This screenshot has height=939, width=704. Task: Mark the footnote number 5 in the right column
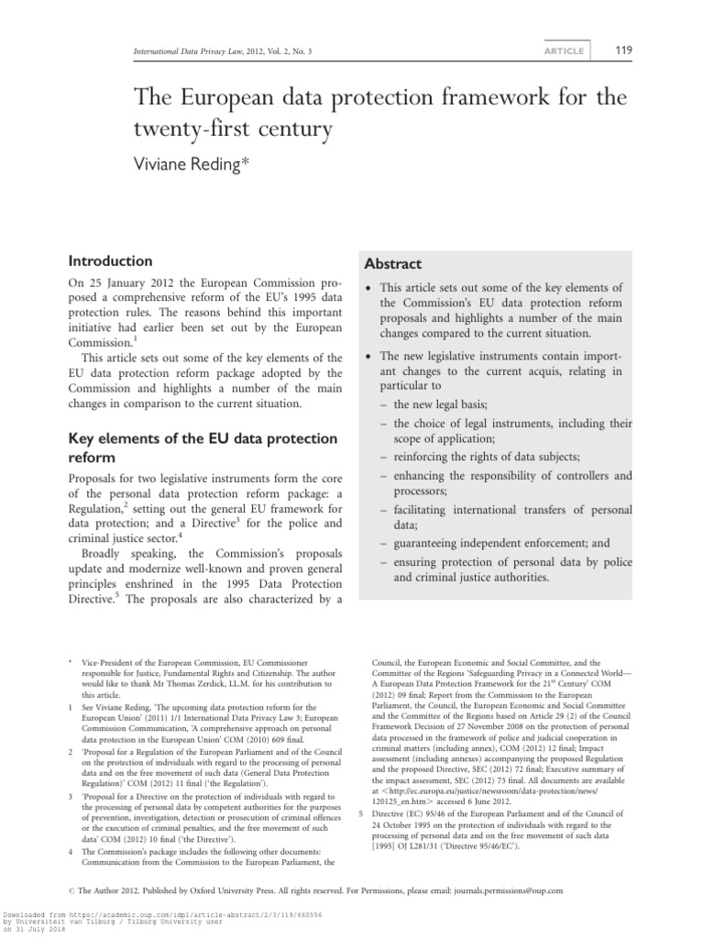click(x=360, y=814)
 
